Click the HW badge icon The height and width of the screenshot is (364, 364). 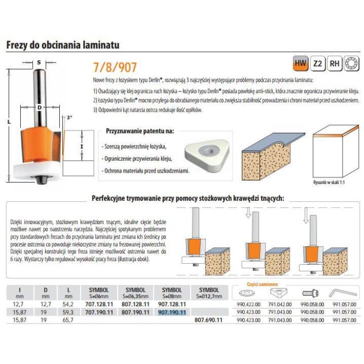click(x=301, y=63)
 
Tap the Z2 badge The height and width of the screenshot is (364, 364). click(x=318, y=63)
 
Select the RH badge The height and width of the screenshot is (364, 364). click(x=334, y=63)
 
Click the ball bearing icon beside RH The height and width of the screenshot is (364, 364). click(x=352, y=63)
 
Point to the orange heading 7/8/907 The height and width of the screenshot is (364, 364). click(x=115, y=67)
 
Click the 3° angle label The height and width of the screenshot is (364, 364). click(x=69, y=118)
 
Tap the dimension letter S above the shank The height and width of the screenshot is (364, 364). click(x=39, y=62)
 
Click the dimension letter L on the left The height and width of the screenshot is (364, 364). click(x=9, y=121)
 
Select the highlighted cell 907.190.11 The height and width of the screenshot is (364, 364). click(x=172, y=312)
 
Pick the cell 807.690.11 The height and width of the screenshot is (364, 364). click(x=209, y=320)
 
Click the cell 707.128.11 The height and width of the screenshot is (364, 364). click(x=99, y=304)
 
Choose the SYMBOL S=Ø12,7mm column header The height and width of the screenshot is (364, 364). click(x=209, y=293)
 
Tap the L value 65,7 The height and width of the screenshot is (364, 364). click(x=68, y=320)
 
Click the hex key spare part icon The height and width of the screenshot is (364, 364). click(x=343, y=293)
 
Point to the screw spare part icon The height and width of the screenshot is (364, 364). click(x=310, y=293)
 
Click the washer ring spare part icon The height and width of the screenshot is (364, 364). click(x=247, y=293)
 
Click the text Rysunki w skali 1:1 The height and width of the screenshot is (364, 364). click(x=329, y=183)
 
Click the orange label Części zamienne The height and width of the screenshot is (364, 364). click(x=262, y=284)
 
